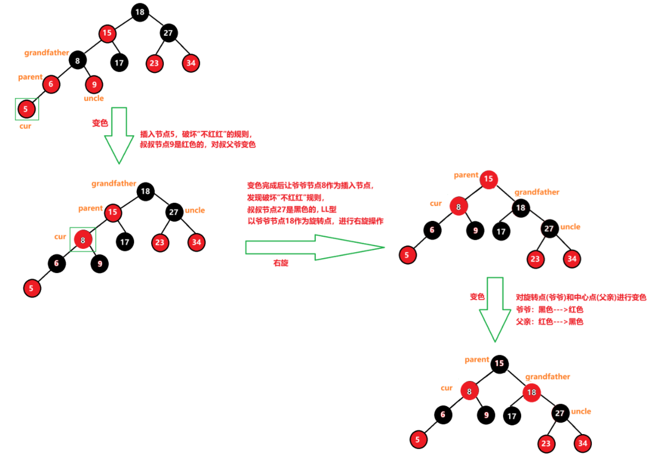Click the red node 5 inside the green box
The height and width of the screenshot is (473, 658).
tap(26, 109)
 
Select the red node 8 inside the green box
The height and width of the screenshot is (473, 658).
tap(83, 240)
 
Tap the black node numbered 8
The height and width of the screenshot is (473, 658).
tap(77, 61)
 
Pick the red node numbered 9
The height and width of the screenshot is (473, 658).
tap(94, 84)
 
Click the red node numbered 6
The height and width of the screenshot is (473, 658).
tap(51, 84)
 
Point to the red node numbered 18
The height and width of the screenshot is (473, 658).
tap(532, 392)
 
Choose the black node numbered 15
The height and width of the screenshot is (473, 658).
tap(499, 364)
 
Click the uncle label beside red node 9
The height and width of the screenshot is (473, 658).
tap(94, 99)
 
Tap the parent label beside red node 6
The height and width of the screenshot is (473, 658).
tap(30, 77)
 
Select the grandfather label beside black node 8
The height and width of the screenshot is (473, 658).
tap(47, 53)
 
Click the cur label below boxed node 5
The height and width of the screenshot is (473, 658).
tap(25, 127)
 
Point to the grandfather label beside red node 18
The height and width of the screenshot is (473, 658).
tap(547, 377)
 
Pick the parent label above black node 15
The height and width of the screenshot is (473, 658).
tap(476, 360)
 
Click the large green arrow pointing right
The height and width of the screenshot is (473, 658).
tap(315, 248)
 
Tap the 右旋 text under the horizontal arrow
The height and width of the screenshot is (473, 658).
tap(281, 263)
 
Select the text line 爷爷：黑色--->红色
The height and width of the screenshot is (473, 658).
tap(550, 310)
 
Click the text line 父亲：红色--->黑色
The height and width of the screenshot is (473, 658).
tap(550, 322)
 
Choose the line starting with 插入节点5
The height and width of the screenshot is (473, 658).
tap(197, 134)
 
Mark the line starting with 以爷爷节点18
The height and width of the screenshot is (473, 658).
tap(315, 221)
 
